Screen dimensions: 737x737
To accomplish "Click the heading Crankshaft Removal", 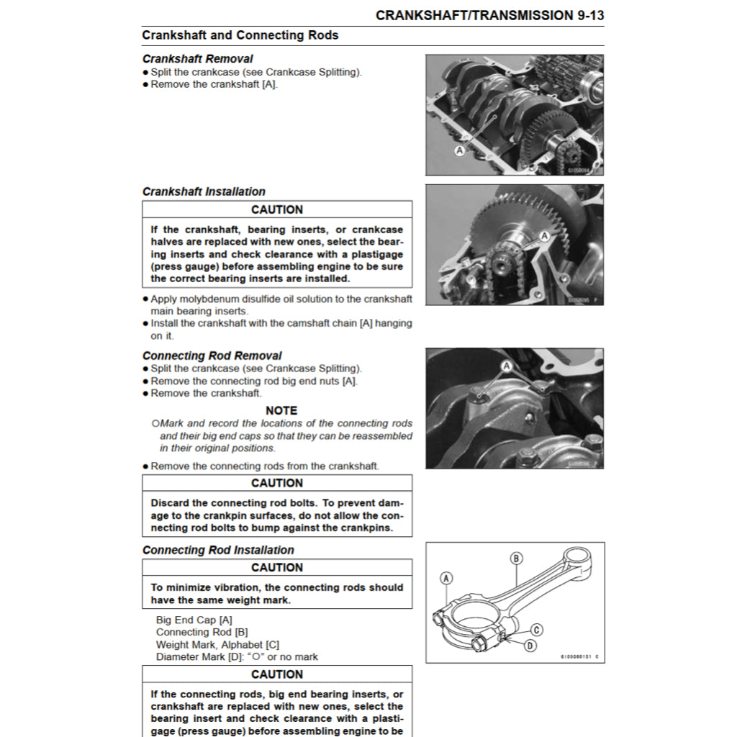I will [x=197, y=59].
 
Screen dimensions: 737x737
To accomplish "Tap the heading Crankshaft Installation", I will [x=204, y=191].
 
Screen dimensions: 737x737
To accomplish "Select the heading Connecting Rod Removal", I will [x=212, y=356].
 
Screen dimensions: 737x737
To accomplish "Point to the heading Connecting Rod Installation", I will [x=218, y=550].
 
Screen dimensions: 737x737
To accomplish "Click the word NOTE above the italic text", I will [x=281, y=410].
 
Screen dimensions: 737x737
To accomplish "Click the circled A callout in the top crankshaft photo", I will [x=459, y=150].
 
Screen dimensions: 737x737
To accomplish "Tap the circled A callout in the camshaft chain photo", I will [x=544, y=235].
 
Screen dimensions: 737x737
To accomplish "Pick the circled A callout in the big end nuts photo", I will [x=506, y=366].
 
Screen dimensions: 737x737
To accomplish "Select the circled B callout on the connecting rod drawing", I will [x=516, y=558].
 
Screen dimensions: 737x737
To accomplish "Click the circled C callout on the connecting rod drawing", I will [x=537, y=630].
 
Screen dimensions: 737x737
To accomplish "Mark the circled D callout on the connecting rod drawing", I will [x=530, y=646].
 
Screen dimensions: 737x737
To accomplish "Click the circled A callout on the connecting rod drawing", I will [x=446, y=578].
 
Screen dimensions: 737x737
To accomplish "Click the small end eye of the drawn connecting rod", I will [x=577, y=557].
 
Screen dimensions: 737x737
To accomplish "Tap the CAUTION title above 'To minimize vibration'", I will [x=277, y=567].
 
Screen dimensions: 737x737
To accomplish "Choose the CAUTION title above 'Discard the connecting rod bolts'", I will [x=277, y=483].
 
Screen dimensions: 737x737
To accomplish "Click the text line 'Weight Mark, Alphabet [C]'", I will [x=217, y=644].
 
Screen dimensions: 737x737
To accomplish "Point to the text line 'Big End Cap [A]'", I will [x=194, y=620].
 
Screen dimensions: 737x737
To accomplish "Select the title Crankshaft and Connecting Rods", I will [x=240, y=35].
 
